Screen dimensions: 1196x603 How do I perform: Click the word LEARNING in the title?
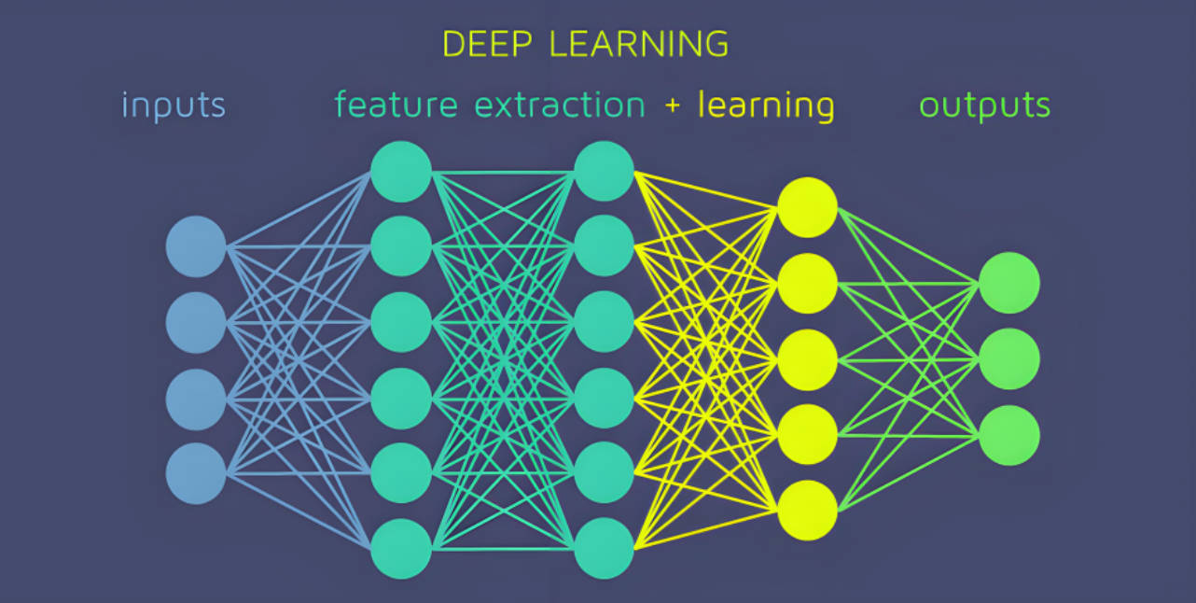pyautogui.click(x=637, y=44)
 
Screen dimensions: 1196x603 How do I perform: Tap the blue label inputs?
pyautogui.click(x=174, y=105)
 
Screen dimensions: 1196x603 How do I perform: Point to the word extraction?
pyautogui.click(x=560, y=105)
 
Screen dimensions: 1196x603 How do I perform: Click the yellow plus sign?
pyautogui.click(x=673, y=105)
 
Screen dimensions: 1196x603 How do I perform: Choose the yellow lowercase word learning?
pyautogui.click(x=766, y=105)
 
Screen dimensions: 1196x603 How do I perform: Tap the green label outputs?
pyautogui.click(x=985, y=105)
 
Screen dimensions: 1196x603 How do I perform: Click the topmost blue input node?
pyautogui.click(x=196, y=246)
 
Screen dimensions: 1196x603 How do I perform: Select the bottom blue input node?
pyautogui.click(x=196, y=474)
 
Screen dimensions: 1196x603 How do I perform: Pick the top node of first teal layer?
pyautogui.click(x=401, y=172)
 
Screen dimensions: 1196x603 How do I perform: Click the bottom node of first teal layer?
pyautogui.click(x=401, y=549)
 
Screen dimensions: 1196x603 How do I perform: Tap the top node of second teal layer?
pyautogui.click(x=605, y=171)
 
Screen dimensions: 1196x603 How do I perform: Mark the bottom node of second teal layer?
pyautogui.click(x=605, y=549)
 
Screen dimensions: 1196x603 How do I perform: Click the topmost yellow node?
pyautogui.click(x=808, y=207)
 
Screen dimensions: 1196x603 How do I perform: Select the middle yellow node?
pyautogui.click(x=808, y=359)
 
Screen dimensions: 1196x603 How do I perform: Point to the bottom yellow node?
pyautogui.click(x=808, y=511)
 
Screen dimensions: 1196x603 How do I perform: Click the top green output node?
pyautogui.click(x=1009, y=283)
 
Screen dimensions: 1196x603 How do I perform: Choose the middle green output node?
pyautogui.click(x=1009, y=359)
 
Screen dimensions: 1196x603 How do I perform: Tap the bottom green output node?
pyautogui.click(x=1009, y=436)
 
